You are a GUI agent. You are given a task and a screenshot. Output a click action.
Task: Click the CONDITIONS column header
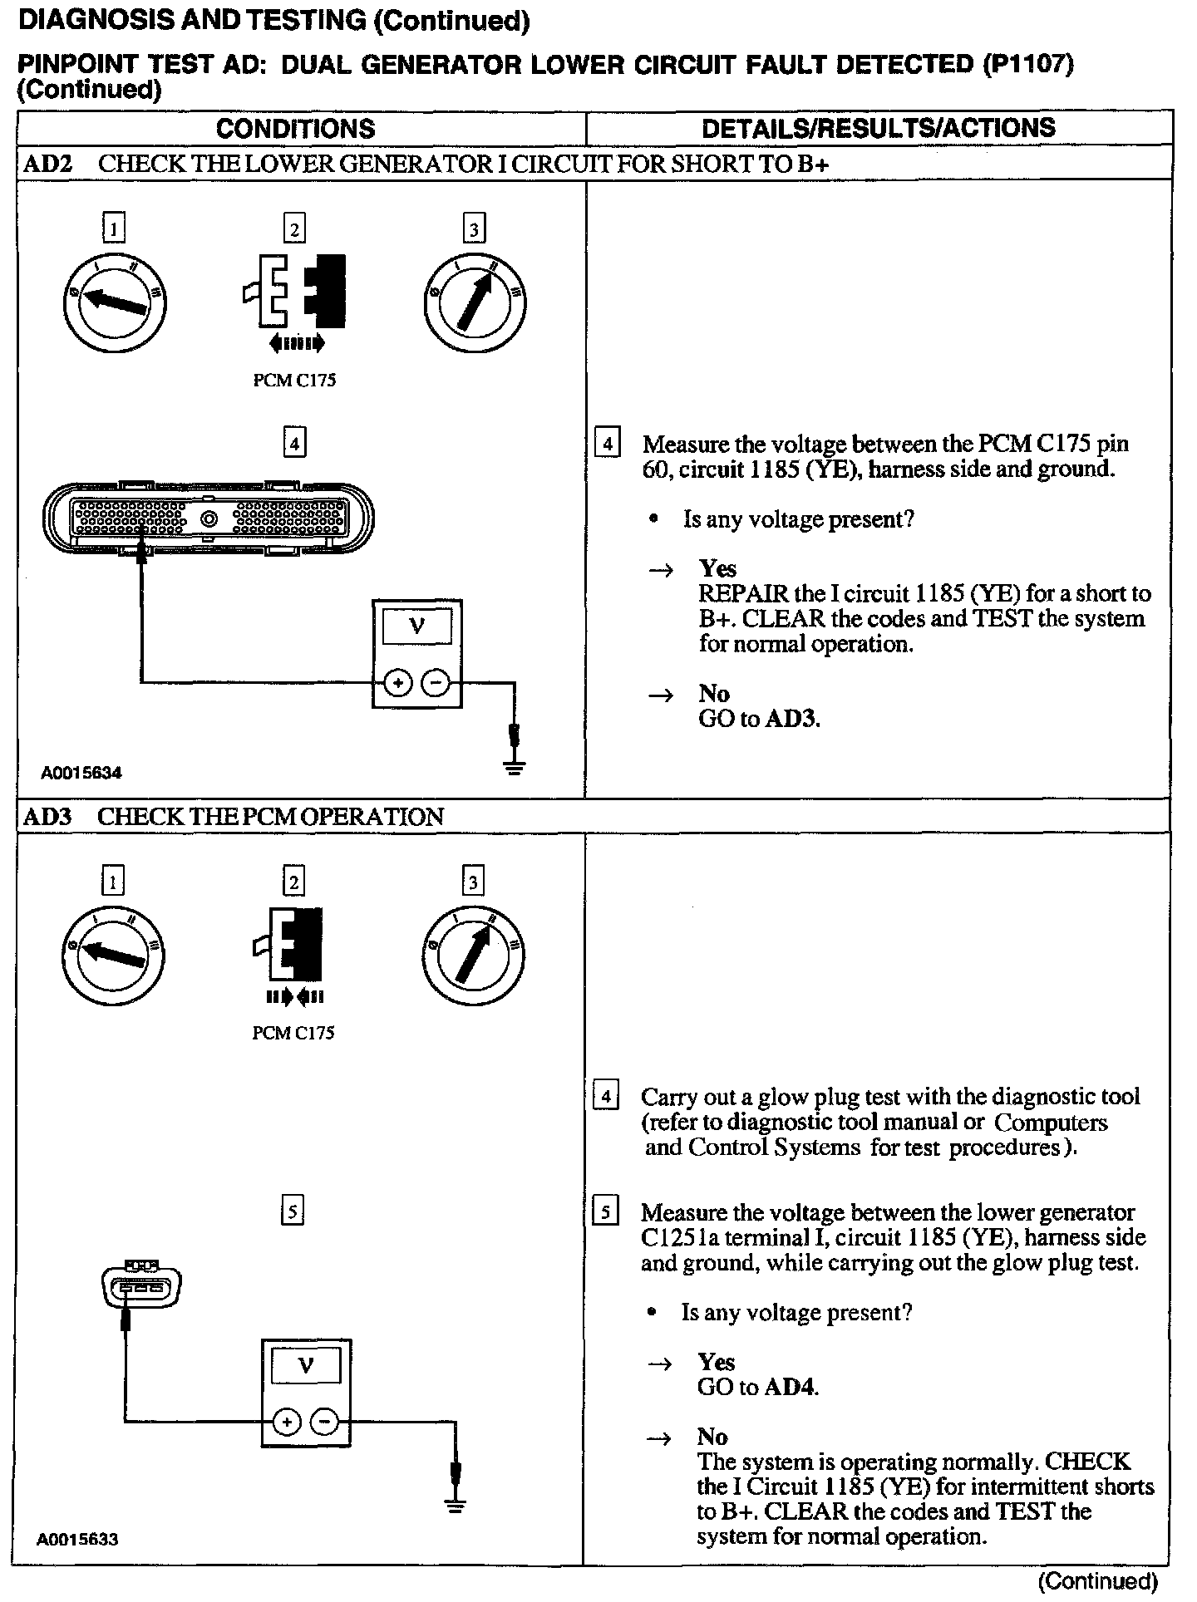point(295,129)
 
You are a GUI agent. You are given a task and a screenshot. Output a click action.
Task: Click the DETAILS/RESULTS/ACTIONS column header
point(878,128)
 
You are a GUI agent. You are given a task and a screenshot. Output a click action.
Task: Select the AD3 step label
point(47,817)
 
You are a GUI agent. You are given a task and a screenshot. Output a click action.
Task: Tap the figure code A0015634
point(81,773)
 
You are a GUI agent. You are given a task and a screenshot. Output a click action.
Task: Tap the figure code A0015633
point(77,1540)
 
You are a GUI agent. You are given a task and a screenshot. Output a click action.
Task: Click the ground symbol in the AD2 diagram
point(515,767)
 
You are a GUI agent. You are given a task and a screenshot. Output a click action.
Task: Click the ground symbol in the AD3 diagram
point(455,1504)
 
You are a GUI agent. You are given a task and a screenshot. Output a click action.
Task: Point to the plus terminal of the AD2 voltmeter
point(398,683)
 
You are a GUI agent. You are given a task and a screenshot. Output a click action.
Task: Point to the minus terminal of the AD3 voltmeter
point(324,1422)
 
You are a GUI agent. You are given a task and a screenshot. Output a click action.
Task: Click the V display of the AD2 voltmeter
point(417,627)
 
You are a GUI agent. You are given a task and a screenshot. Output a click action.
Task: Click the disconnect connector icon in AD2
point(295,291)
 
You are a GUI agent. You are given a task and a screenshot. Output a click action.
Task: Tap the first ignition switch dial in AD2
point(114,301)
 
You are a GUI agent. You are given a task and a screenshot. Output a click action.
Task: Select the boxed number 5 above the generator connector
point(293,1211)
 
